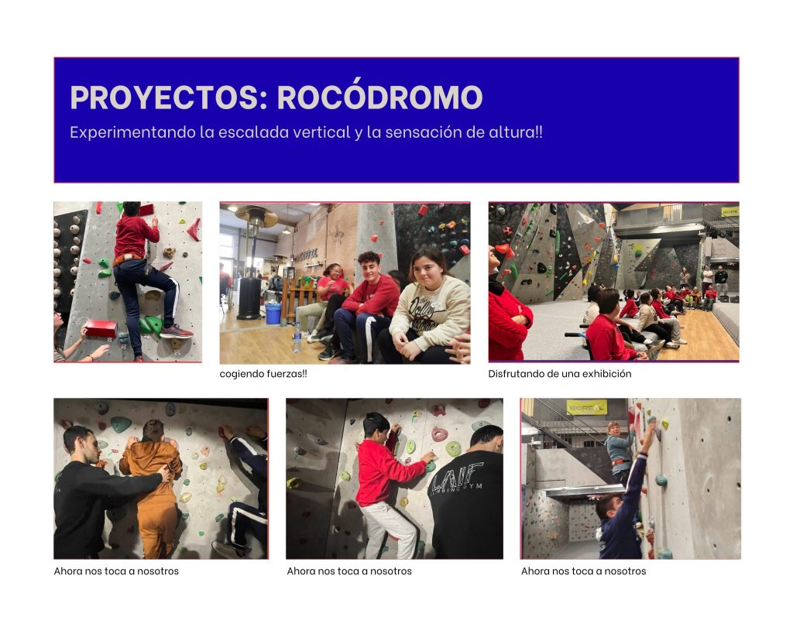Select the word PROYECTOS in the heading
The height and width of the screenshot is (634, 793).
pos(164,97)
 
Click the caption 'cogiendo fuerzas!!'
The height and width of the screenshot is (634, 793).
pos(263,374)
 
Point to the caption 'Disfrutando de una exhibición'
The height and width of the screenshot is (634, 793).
pos(560,374)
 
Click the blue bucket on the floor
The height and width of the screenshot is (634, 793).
pos(273,314)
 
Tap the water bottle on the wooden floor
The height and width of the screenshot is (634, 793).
pos(297,338)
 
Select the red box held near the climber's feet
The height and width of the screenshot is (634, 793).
pos(100,329)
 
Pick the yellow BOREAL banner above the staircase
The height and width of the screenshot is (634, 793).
pos(587,407)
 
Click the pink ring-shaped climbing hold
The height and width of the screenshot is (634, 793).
pos(438,434)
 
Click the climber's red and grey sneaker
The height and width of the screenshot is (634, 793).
pos(176,331)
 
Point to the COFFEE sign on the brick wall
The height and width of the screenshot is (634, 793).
pos(309,254)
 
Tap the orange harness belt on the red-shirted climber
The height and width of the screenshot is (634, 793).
pos(127,259)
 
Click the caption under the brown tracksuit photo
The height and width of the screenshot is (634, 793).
pos(116,571)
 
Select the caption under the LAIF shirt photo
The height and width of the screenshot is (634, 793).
pos(349,571)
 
